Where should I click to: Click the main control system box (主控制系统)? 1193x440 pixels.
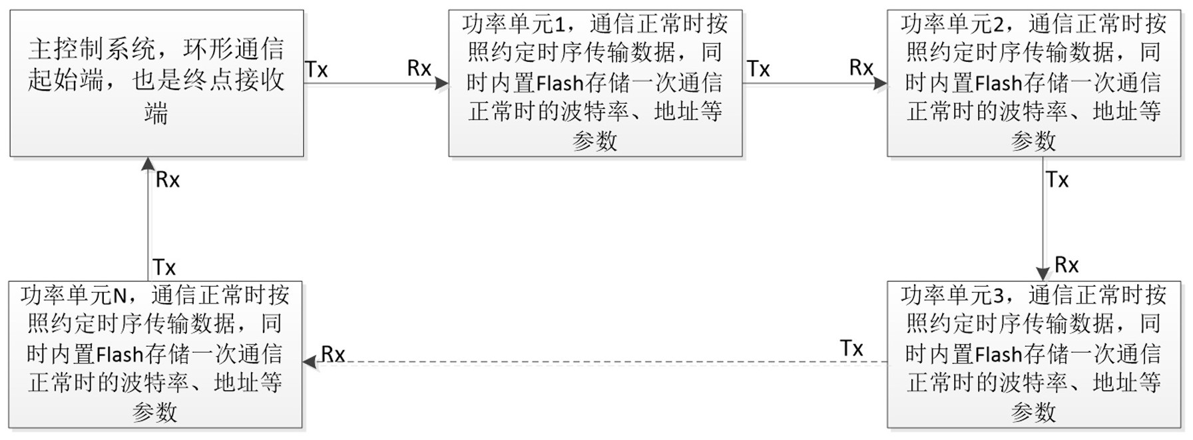pos(156,83)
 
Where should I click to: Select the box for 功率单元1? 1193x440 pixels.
pos(595,83)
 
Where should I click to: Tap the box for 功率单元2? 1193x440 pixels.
pos(1033,83)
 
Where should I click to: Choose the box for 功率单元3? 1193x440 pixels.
pos(1033,354)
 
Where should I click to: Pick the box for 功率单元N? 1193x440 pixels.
pos(156,354)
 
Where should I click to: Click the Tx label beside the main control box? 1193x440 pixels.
pos(316,69)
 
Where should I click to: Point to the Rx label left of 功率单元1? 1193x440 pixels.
pos(419,68)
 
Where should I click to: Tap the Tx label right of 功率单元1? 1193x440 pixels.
pos(758,69)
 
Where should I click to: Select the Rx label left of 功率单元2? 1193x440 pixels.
pos(861,67)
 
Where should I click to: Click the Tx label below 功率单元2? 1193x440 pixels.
pos(1057,180)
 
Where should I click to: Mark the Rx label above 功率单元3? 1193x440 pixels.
pos(1067,265)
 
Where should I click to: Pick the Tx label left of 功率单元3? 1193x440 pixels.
pos(851,348)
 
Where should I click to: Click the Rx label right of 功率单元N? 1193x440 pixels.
pos(333,354)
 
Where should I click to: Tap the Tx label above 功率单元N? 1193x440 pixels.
pos(164,268)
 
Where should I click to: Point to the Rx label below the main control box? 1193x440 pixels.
pos(167,180)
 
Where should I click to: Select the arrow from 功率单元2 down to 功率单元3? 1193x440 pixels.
pos(1043,220)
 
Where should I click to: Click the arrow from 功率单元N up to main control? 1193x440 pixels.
pos(148,220)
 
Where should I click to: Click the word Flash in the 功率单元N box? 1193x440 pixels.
pos(120,354)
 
